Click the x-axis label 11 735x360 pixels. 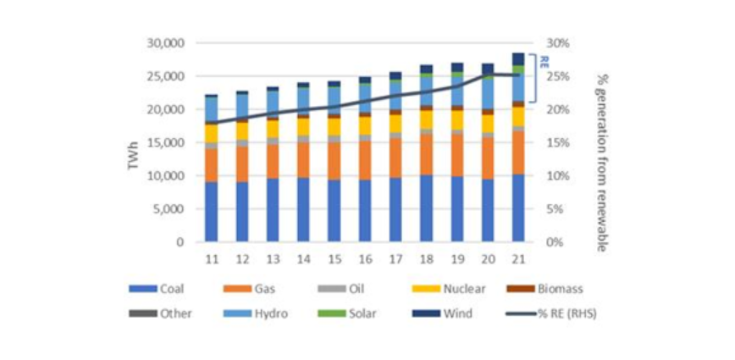(x=211, y=258)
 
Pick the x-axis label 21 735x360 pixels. (x=518, y=258)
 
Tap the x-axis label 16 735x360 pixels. (x=365, y=258)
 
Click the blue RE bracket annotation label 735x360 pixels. (x=544, y=62)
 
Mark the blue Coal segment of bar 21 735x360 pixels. (x=518, y=208)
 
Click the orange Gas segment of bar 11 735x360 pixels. (x=211, y=164)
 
